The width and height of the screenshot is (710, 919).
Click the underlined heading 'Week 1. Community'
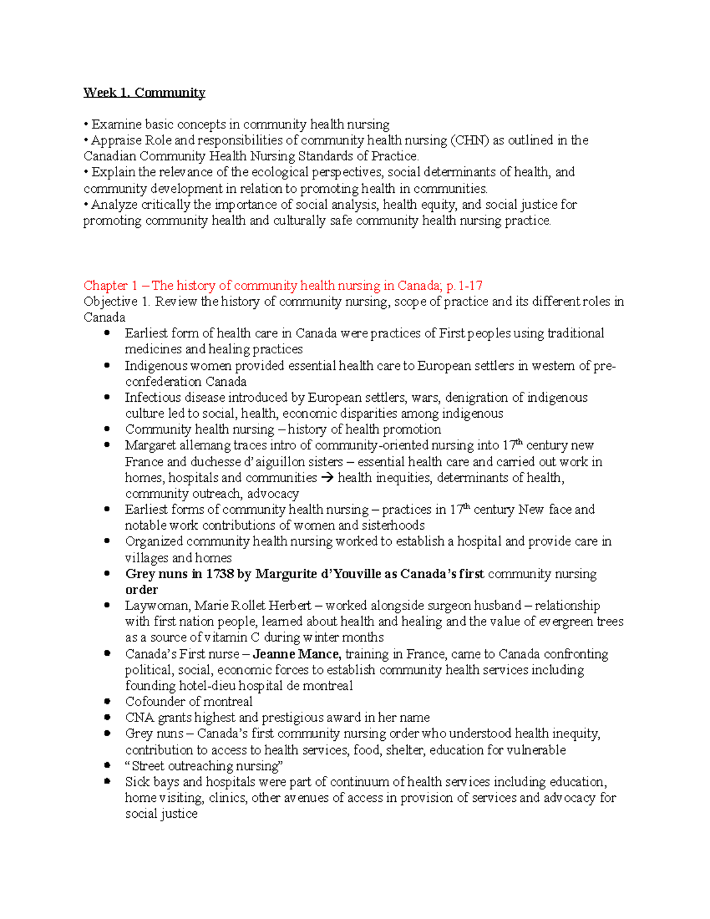[x=144, y=92]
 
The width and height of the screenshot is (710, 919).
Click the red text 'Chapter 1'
[x=111, y=285]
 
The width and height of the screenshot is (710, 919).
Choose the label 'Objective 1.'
[x=117, y=301]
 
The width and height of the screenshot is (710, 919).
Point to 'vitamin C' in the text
[x=233, y=637]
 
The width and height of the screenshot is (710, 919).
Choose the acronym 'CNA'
[x=140, y=718]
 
